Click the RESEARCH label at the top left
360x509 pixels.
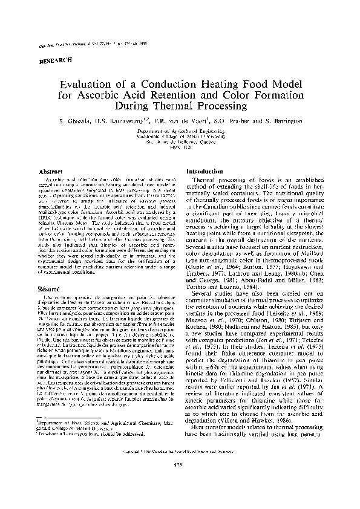(x=56, y=60)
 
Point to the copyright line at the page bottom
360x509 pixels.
(x=180, y=468)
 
